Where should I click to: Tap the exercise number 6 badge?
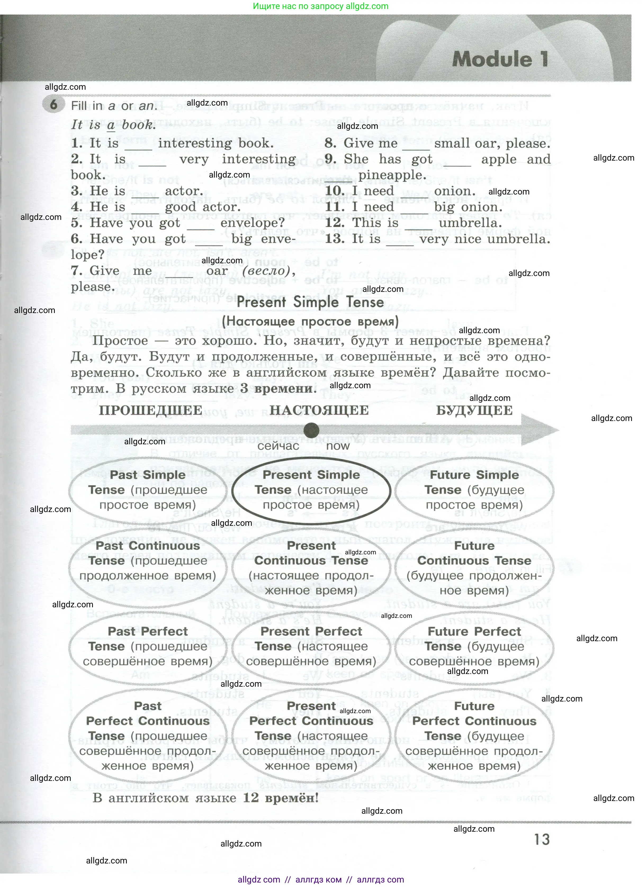pos(53,105)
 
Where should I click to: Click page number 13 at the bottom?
pos(541,840)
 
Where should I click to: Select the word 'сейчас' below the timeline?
pos(278,446)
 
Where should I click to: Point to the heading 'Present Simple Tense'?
pos(310,302)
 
